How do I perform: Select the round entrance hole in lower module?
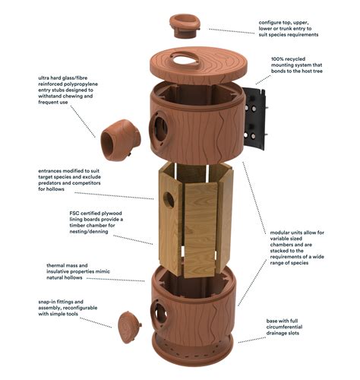click(160, 309)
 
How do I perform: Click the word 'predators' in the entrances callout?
click(63, 189)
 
